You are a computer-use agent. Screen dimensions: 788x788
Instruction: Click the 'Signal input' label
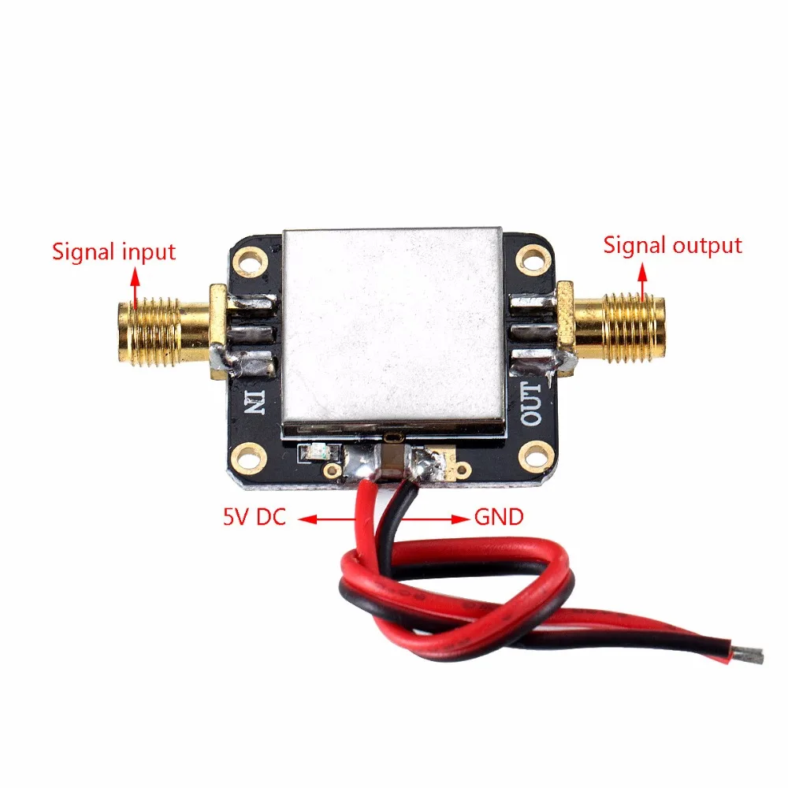[x=113, y=252]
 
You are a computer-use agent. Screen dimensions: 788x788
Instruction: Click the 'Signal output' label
[x=672, y=245]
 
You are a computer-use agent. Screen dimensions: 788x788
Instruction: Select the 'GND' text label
[x=498, y=518]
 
